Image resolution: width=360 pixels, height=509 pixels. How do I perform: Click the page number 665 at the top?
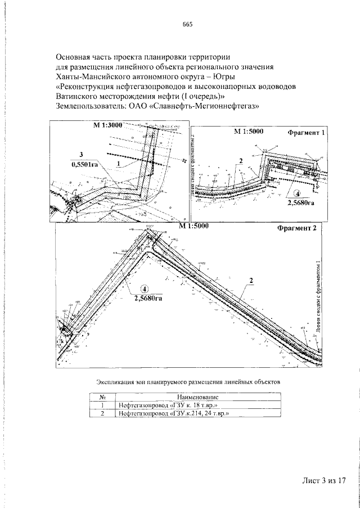click(x=187, y=24)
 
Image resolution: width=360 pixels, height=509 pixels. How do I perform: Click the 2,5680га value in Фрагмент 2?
click(x=148, y=299)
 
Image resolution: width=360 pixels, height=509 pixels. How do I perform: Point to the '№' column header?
click(x=103, y=397)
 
